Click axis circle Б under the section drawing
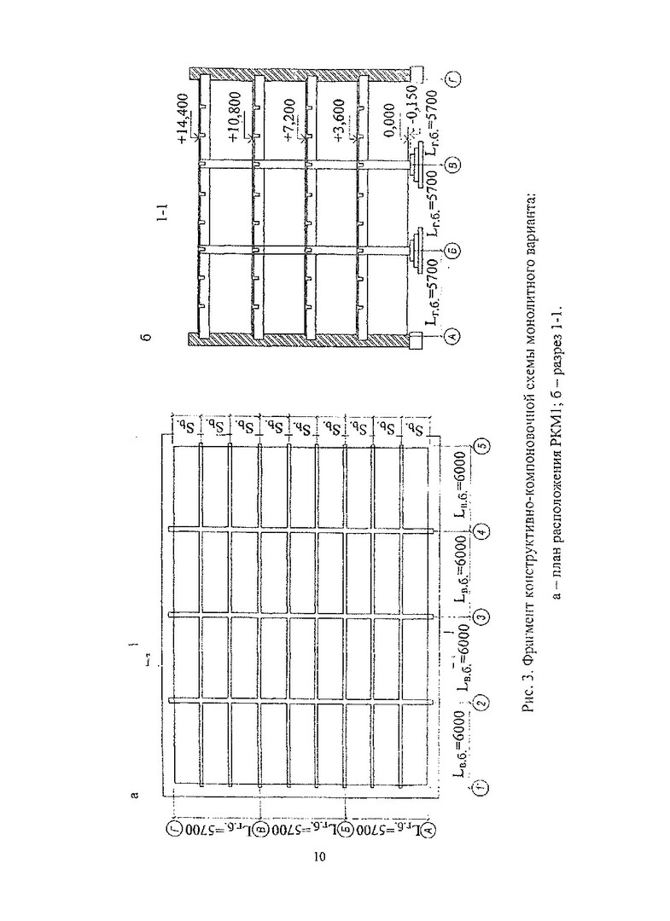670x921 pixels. coord(453,251)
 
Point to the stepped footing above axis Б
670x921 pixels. coord(417,251)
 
